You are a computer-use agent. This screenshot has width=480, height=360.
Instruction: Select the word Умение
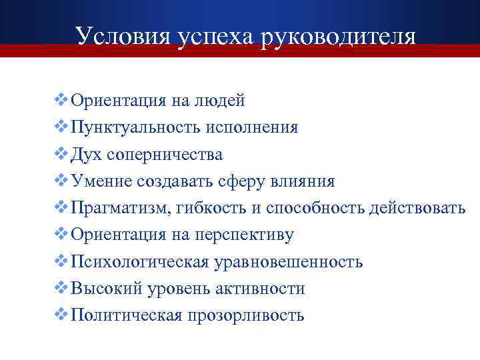102,181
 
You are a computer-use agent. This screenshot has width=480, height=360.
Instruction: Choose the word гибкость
212,209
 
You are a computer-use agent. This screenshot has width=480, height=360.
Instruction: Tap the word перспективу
244,235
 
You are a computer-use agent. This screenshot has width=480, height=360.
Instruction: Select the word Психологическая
140,262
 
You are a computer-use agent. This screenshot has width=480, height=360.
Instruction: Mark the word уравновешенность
289,262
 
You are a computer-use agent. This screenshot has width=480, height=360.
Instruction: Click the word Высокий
105,289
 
